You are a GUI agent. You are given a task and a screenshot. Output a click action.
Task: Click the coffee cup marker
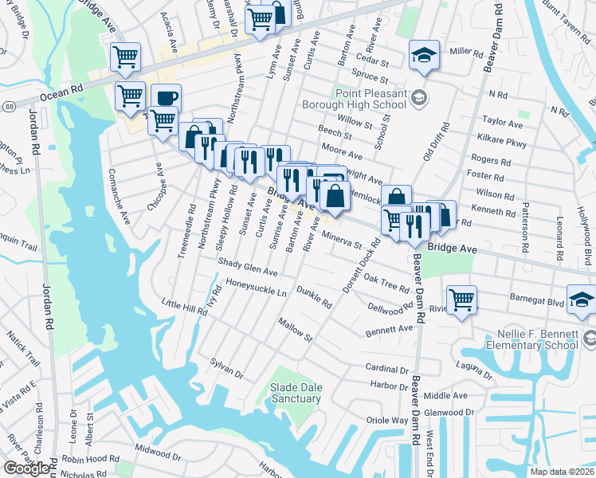click(x=167, y=99)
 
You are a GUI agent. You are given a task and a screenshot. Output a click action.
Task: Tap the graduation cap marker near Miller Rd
click(x=424, y=55)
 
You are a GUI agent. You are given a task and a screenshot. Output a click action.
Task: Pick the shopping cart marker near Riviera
click(x=461, y=300)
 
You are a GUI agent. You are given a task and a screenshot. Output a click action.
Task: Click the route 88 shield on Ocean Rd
click(x=7, y=105)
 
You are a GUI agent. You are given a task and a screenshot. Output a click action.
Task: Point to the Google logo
click(x=26, y=468)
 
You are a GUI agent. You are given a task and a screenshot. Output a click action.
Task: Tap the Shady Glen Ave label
click(x=249, y=267)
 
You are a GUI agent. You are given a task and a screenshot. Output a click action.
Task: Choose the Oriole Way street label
click(x=386, y=420)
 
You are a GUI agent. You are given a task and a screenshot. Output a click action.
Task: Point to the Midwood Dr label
click(x=158, y=453)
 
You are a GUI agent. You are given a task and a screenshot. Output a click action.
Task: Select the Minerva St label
click(x=343, y=238)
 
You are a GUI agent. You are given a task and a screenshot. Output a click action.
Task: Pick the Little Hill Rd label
click(x=183, y=304)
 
